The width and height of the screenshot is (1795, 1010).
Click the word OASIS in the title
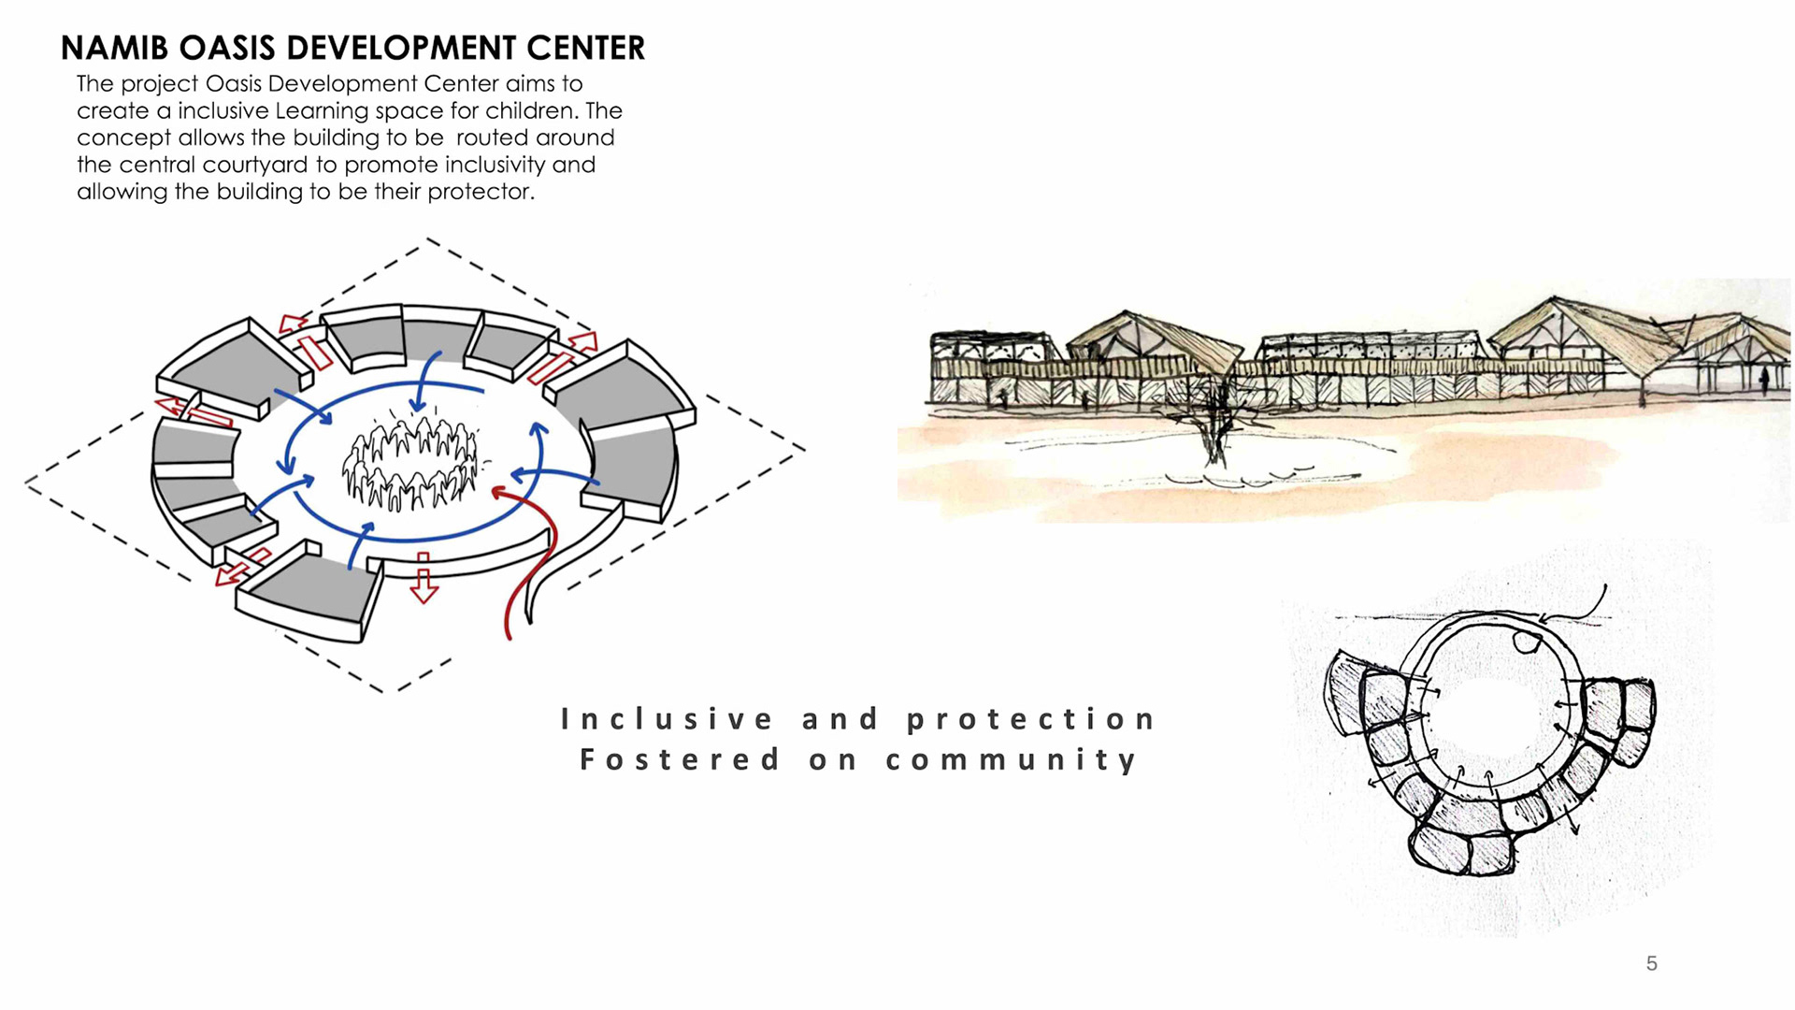click(228, 49)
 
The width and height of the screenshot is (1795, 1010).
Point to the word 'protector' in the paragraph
click(481, 193)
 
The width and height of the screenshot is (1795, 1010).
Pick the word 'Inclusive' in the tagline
click(668, 719)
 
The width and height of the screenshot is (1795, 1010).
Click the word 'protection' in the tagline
click(1031, 719)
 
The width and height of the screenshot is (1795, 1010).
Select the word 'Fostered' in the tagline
click(680, 759)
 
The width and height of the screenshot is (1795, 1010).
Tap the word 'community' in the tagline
click(1012, 759)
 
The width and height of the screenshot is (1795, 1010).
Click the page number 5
click(1652, 964)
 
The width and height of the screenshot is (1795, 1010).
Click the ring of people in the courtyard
click(410, 463)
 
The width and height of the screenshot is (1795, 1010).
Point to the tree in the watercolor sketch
click(1214, 421)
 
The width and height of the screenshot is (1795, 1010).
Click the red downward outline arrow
click(424, 580)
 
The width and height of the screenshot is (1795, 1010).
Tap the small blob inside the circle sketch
click(1527, 642)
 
